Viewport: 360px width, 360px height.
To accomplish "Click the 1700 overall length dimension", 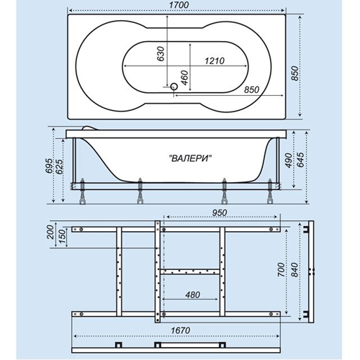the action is pyautogui.click(x=179, y=5).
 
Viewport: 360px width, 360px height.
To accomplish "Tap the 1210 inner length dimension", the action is pyautogui.click(x=215, y=60).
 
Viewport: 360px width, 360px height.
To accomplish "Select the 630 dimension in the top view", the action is pyautogui.click(x=161, y=54).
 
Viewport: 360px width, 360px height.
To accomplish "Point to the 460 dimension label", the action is pyautogui.click(x=185, y=78).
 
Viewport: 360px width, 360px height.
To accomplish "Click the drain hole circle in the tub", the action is pyautogui.click(x=174, y=86).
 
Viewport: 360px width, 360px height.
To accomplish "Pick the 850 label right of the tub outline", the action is pyautogui.click(x=295, y=73).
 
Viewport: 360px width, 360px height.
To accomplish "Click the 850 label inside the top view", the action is pyautogui.click(x=252, y=90).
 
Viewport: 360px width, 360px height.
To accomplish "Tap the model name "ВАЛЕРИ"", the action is pyautogui.click(x=191, y=158).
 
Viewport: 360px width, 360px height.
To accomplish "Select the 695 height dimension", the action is pyautogui.click(x=49, y=166).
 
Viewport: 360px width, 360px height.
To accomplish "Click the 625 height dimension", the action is pyautogui.click(x=60, y=166).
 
